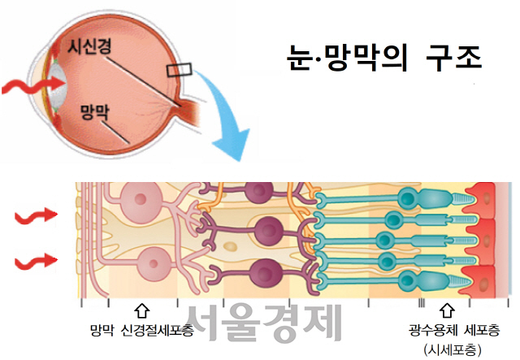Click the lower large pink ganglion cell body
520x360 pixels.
point(154,263)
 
